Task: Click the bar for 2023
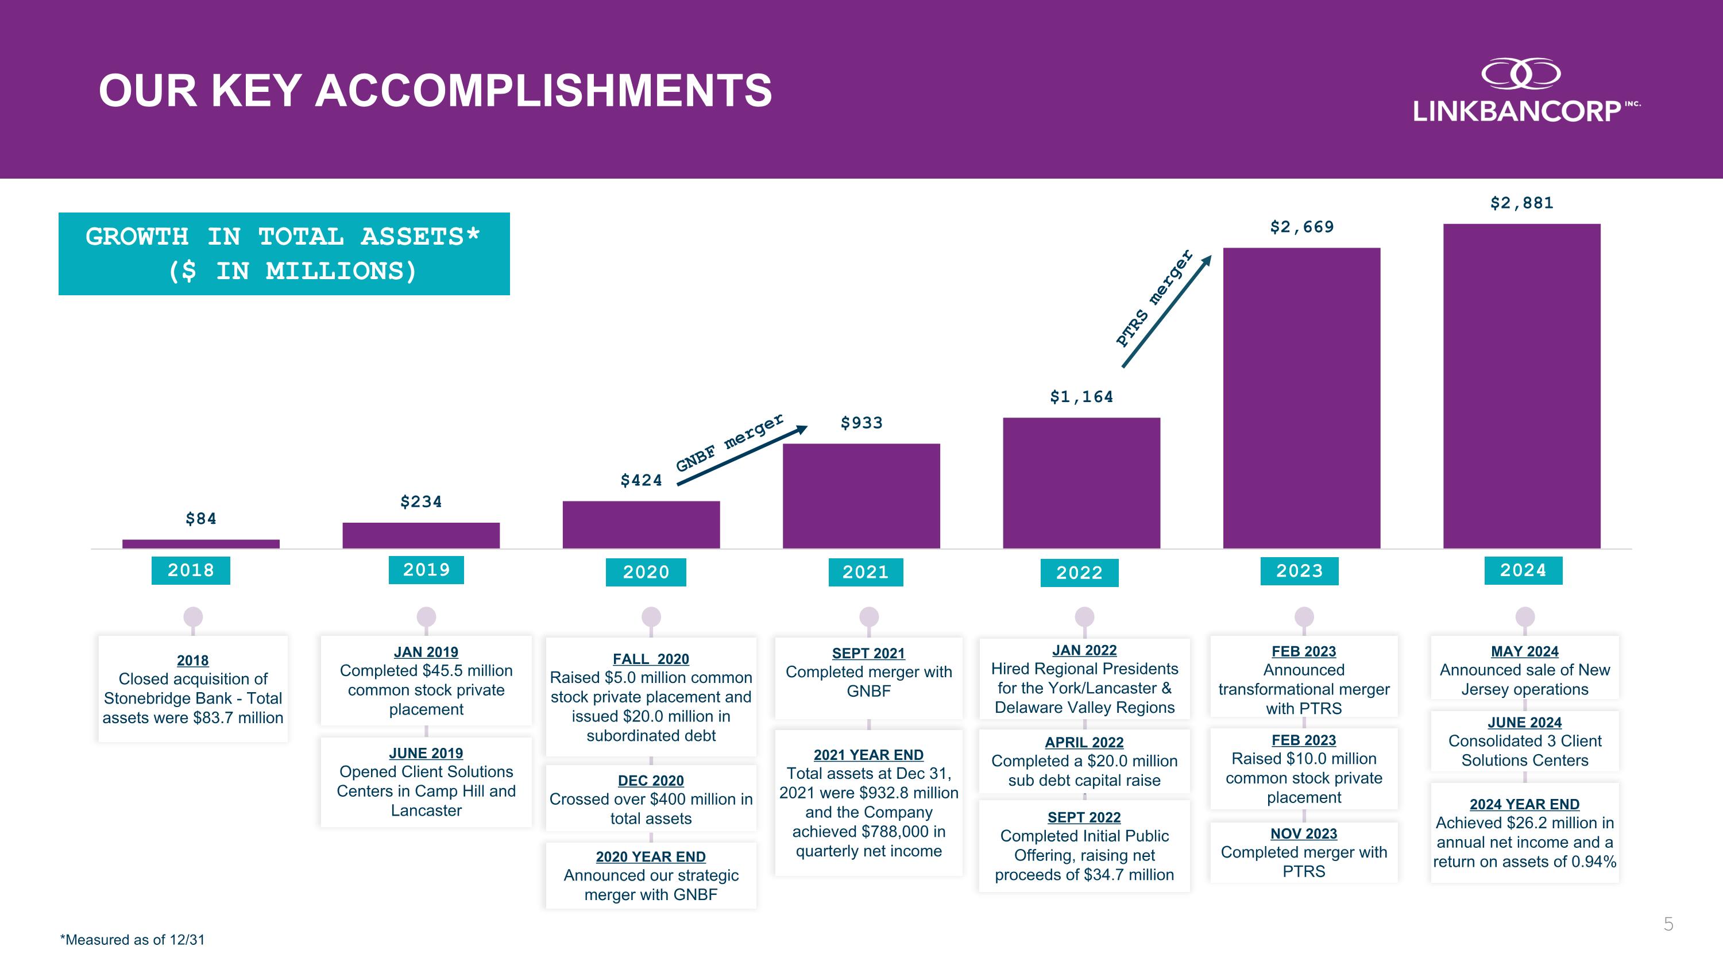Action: (1301, 398)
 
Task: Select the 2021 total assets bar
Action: (861, 496)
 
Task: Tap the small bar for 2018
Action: (200, 544)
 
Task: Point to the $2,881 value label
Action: (1521, 203)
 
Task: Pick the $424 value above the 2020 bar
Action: (641, 481)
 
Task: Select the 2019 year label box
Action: (426, 570)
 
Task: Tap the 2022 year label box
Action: (1079, 573)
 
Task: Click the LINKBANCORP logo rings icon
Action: (1521, 74)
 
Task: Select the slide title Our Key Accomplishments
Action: (435, 90)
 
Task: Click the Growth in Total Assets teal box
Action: (284, 254)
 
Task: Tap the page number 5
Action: (1668, 924)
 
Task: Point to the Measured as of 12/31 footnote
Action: (133, 940)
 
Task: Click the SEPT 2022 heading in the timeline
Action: (1084, 817)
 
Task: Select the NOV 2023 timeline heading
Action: (1304, 834)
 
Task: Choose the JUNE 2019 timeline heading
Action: (426, 753)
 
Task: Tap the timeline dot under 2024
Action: (1524, 616)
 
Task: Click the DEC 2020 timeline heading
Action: (651, 781)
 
